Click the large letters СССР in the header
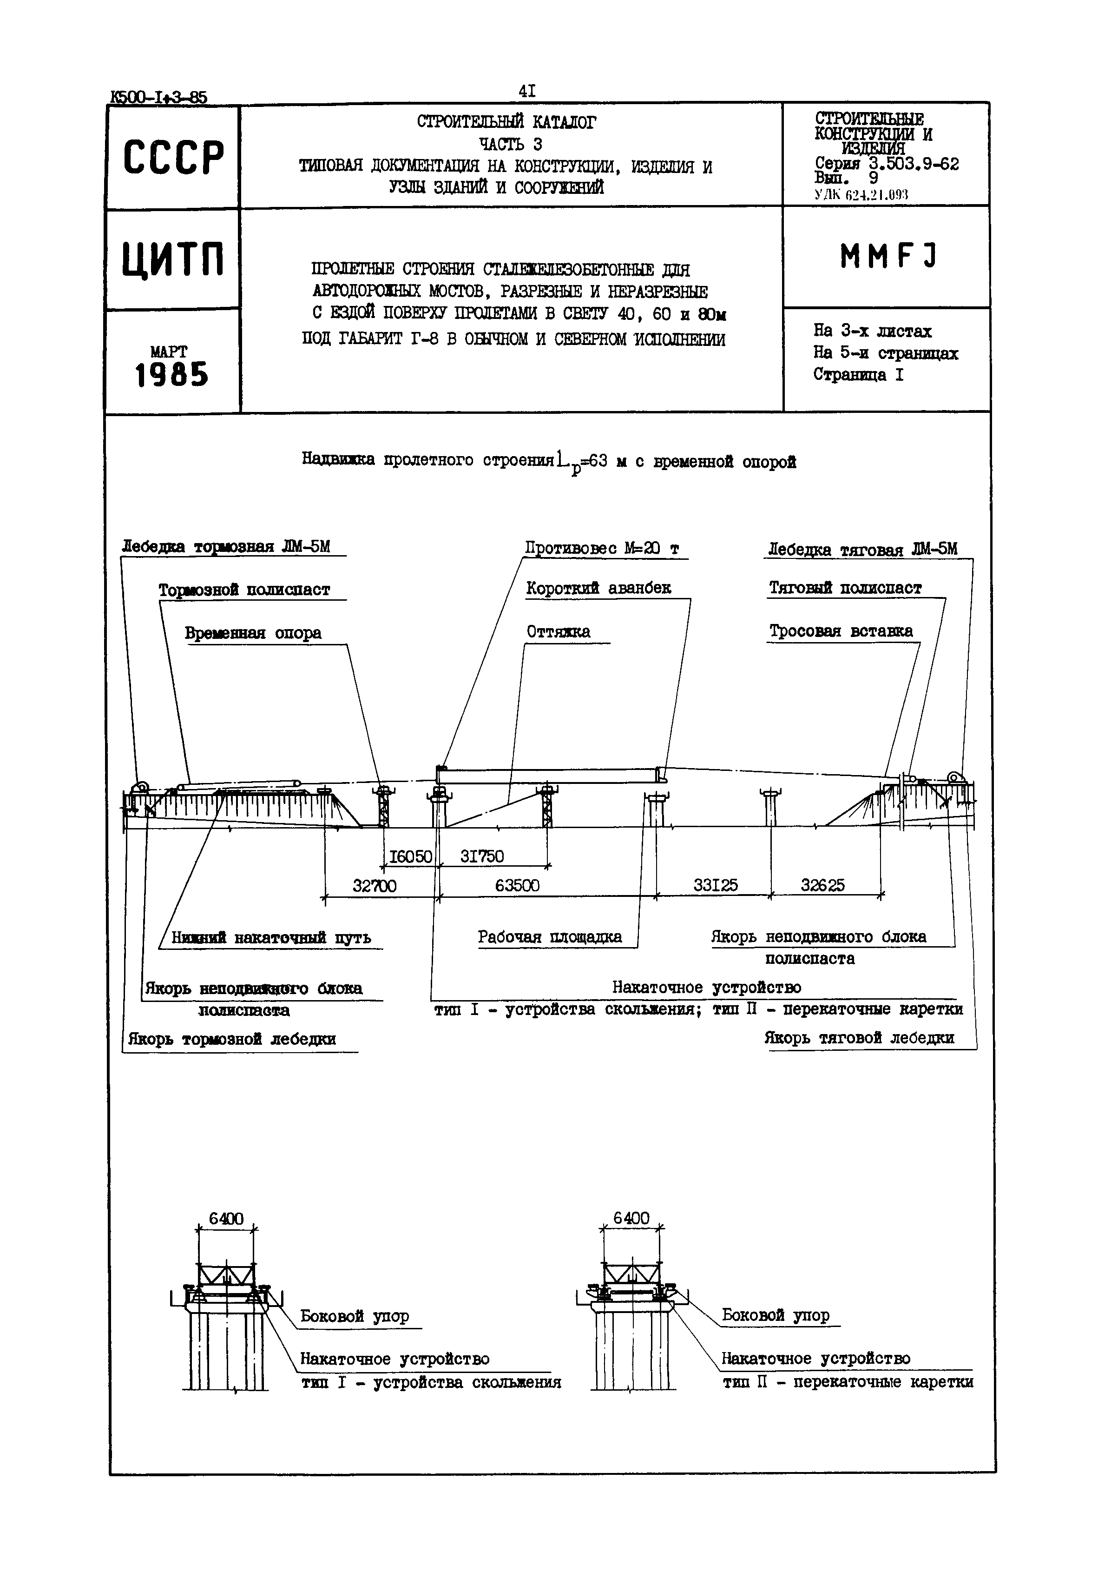(173, 158)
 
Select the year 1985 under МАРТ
(171, 376)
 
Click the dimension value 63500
(517, 886)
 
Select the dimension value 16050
(411, 857)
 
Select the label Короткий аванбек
(598, 589)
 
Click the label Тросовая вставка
(841, 632)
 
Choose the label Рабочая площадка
(550, 937)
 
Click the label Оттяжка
(558, 632)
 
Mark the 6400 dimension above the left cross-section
(226, 1219)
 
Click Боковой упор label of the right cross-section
(776, 1315)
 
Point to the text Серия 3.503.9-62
(887, 164)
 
